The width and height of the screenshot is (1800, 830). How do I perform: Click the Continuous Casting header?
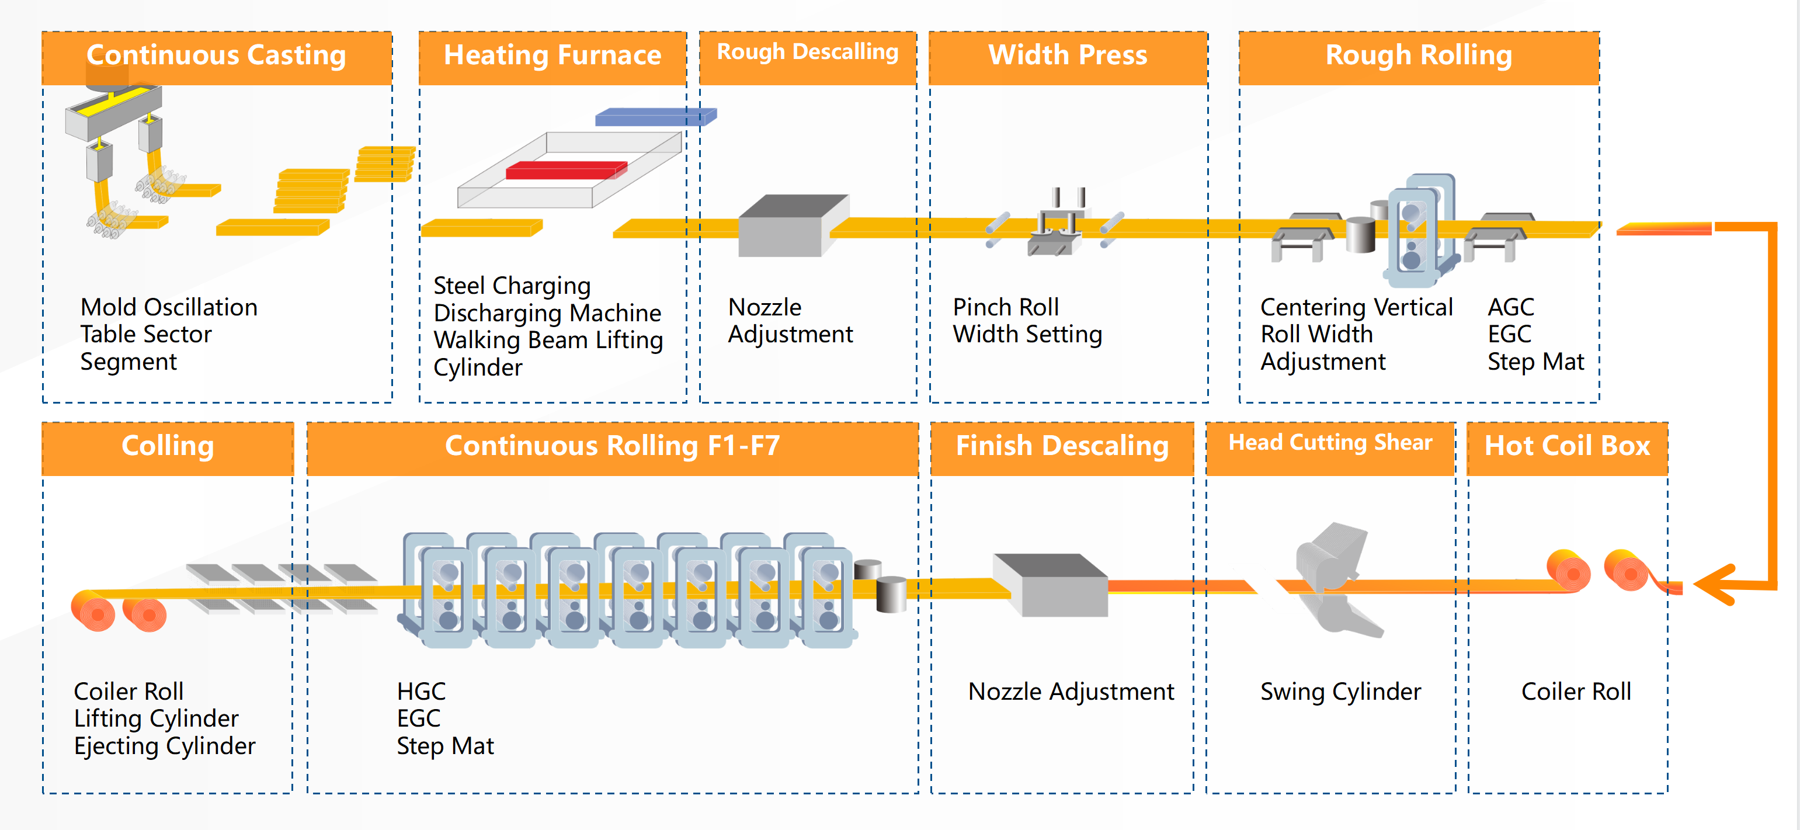(216, 55)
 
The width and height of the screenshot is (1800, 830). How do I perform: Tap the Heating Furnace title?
(552, 55)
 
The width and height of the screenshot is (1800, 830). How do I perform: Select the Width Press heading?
(1068, 55)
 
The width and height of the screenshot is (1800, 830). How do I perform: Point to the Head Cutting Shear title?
(1330, 443)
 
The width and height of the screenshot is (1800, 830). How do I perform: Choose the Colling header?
(168, 446)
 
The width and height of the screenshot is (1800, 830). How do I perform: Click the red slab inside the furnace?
(566, 170)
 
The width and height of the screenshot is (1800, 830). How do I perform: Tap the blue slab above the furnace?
(655, 116)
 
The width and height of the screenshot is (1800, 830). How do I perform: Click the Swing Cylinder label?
(1340, 692)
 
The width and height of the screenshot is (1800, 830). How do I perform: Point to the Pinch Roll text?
(1006, 307)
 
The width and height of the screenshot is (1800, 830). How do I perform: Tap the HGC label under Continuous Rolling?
(421, 692)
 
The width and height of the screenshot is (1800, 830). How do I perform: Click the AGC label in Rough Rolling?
(1511, 307)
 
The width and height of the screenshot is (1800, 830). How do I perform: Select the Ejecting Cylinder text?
(165, 746)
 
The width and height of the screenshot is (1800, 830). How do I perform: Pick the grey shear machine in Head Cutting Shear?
(1331, 577)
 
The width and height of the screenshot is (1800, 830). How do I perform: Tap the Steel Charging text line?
(512, 286)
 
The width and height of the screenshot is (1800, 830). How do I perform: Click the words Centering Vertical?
(1356, 307)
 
